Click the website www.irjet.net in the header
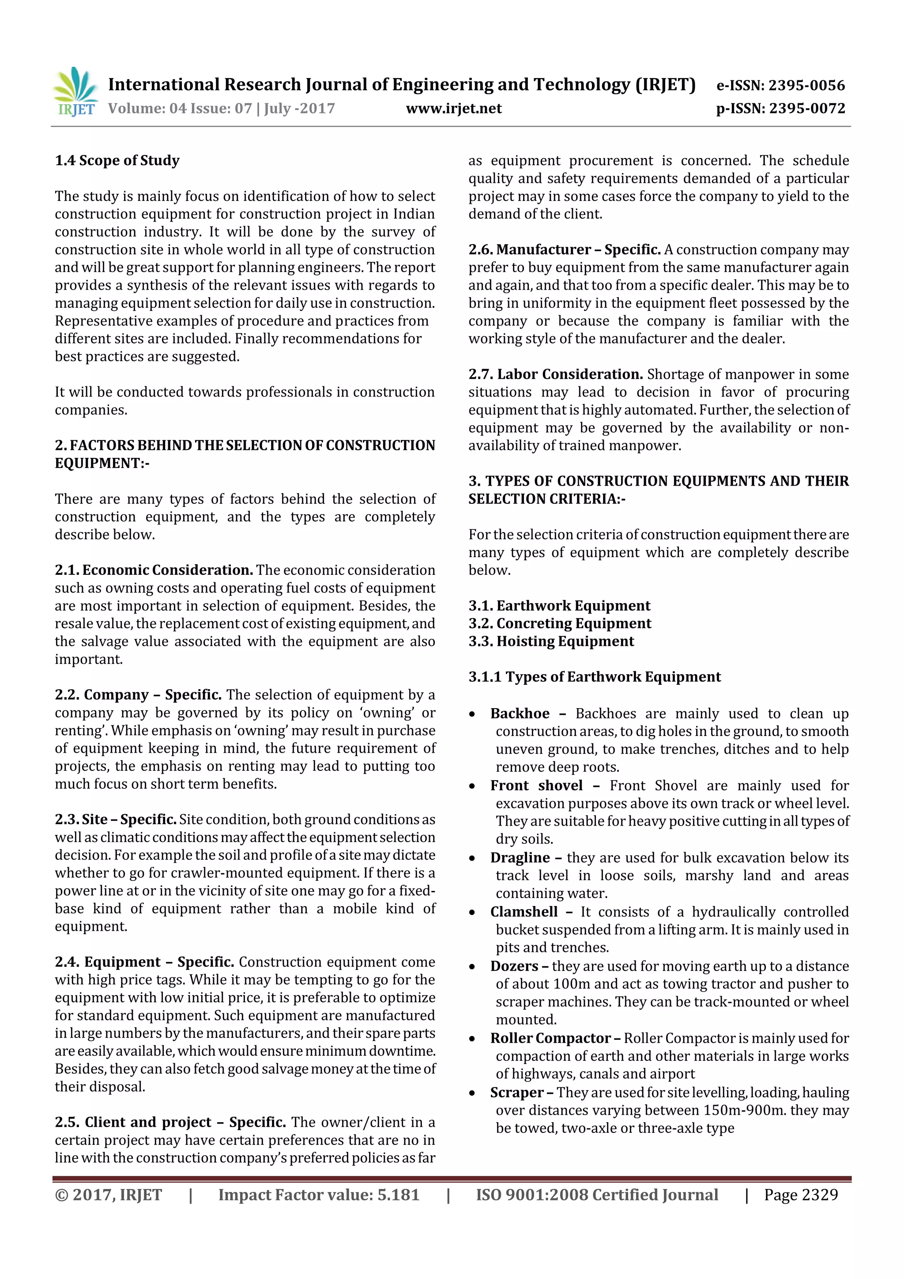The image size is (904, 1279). coord(453,109)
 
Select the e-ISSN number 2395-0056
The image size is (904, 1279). coord(806,85)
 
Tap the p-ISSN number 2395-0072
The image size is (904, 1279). coord(807,109)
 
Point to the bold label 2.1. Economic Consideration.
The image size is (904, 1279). coord(154,570)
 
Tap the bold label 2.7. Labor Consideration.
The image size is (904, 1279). coord(555,374)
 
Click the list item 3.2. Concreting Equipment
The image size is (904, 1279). coord(559,623)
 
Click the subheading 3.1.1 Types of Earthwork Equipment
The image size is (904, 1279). coord(594,677)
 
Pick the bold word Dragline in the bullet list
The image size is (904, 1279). coord(520,857)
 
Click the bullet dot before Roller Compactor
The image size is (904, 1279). coord(472,1039)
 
